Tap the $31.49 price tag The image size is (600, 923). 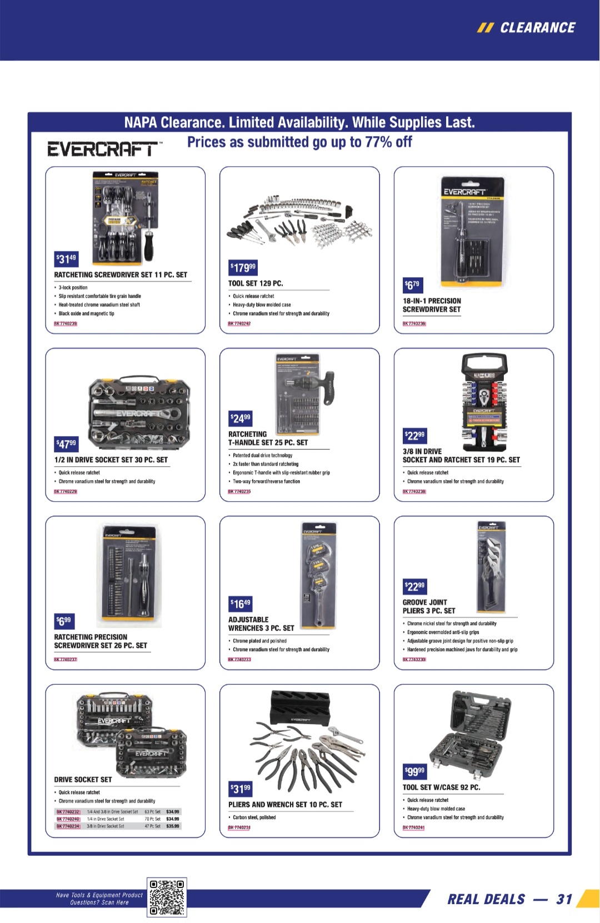tap(66, 259)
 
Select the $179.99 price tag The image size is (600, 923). tap(243, 268)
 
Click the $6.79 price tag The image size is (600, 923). tap(412, 285)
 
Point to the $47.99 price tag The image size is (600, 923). tap(66, 444)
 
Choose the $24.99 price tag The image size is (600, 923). tap(241, 418)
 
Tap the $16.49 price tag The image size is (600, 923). tap(241, 603)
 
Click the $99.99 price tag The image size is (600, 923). tap(414, 771)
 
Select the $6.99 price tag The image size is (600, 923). tap(64, 620)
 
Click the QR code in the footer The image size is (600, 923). tap(167, 897)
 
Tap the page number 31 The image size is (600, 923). tap(564, 899)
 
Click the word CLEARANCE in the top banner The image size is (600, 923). tap(537, 28)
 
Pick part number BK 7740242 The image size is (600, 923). tap(239, 323)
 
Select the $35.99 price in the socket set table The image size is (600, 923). tap(173, 826)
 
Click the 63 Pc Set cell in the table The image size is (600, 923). tap(152, 812)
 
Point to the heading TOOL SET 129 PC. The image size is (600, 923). tap(256, 283)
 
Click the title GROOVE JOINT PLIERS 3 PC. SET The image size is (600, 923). tap(428, 606)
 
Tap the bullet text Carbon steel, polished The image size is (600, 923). tap(254, 817)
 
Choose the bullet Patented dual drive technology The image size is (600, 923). tap(262, 455)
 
